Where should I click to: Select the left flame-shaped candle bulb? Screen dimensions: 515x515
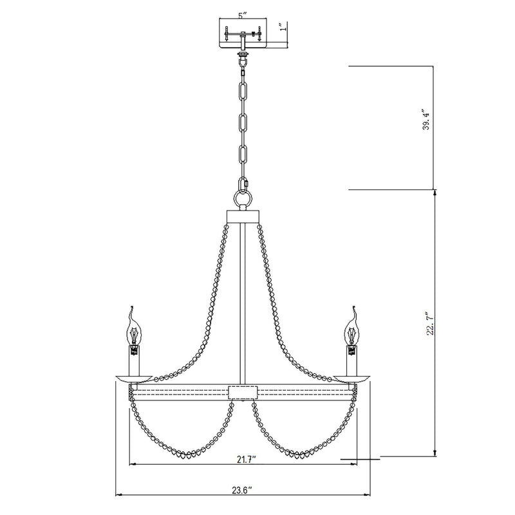click(134, 328)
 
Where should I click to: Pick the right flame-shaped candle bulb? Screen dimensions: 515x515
click(352, 328)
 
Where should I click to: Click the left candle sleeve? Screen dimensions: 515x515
click(134, 361)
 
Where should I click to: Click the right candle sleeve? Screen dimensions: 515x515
click(353, 361)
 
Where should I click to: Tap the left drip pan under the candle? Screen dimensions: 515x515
click(134, 379)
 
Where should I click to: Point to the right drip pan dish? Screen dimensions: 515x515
click(353, 379)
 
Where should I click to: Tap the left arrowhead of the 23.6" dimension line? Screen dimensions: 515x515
click(118, 495)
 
